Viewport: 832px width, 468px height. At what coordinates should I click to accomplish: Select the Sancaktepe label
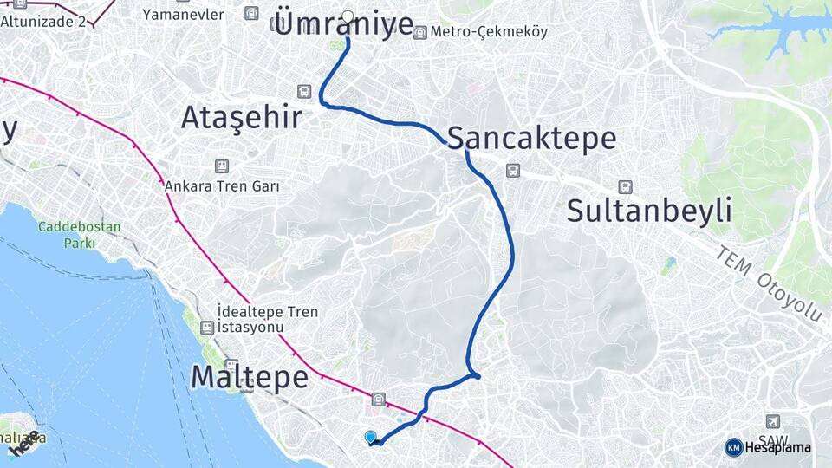pyautogui.click(x=531, y=138)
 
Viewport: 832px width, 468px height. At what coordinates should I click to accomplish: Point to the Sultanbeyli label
pyautogui.click(x=649, y=210)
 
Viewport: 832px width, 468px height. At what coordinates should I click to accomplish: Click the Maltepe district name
pyautogui.click(x=249, y=377)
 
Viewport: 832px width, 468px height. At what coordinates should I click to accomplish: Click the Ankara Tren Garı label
pyautogui.click(x=221, y=185)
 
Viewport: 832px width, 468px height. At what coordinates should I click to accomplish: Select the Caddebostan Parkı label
pyautogui.click(x=79, y=235)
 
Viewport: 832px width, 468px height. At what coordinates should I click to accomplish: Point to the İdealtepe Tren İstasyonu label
pyautogui.click(x=268, y=319)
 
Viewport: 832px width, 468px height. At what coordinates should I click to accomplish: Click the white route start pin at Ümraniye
pyautogui.click(x=348, y=16)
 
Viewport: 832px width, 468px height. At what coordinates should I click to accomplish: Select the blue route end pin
pyautogui.click(x=371, y=437)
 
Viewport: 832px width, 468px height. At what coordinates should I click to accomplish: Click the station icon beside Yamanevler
pyautogui.click(x=251, y=13)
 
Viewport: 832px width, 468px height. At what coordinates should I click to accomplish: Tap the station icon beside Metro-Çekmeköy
pyautogui.click(x=420, y=32)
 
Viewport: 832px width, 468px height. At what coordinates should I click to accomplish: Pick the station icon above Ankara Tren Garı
pyautogui.click(x=222, y=165)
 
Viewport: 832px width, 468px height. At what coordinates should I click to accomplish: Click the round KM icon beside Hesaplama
pyautogui.click(x=733, y=447)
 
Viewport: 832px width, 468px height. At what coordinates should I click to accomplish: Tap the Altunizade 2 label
pyautogui.click(x=43, y=21)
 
